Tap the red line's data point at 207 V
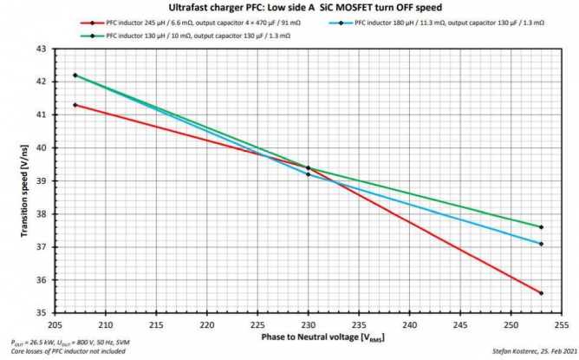coord(75,105)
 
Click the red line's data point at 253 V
coord(541,293)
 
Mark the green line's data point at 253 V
coord(541,227)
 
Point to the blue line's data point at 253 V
coord(541,244)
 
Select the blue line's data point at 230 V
coord(308,174)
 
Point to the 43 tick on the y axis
coord(42,49)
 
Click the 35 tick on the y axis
coord(42,313)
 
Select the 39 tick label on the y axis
coord(42,181)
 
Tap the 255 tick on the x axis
coord(561,321)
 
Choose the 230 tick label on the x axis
coord(308,321)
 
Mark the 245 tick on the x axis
coord(459,321)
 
